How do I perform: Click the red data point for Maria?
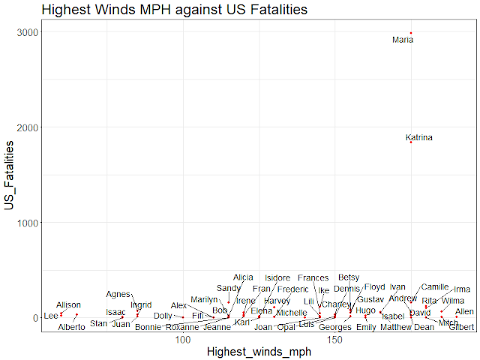coord(411,33)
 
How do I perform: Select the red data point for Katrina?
coord(411,142)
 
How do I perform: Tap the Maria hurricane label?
coord(403,40)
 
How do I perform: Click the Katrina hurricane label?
coord(418,137)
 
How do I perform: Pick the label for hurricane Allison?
coord(68,304)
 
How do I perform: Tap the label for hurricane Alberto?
coord(72,327)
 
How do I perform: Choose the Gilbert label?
coord(462,327)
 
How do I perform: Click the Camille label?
coord(435,286)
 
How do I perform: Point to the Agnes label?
coord(118,294)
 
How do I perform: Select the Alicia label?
coord(244,277)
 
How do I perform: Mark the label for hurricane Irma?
coord(462,289)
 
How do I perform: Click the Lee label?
coord(50,316)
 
